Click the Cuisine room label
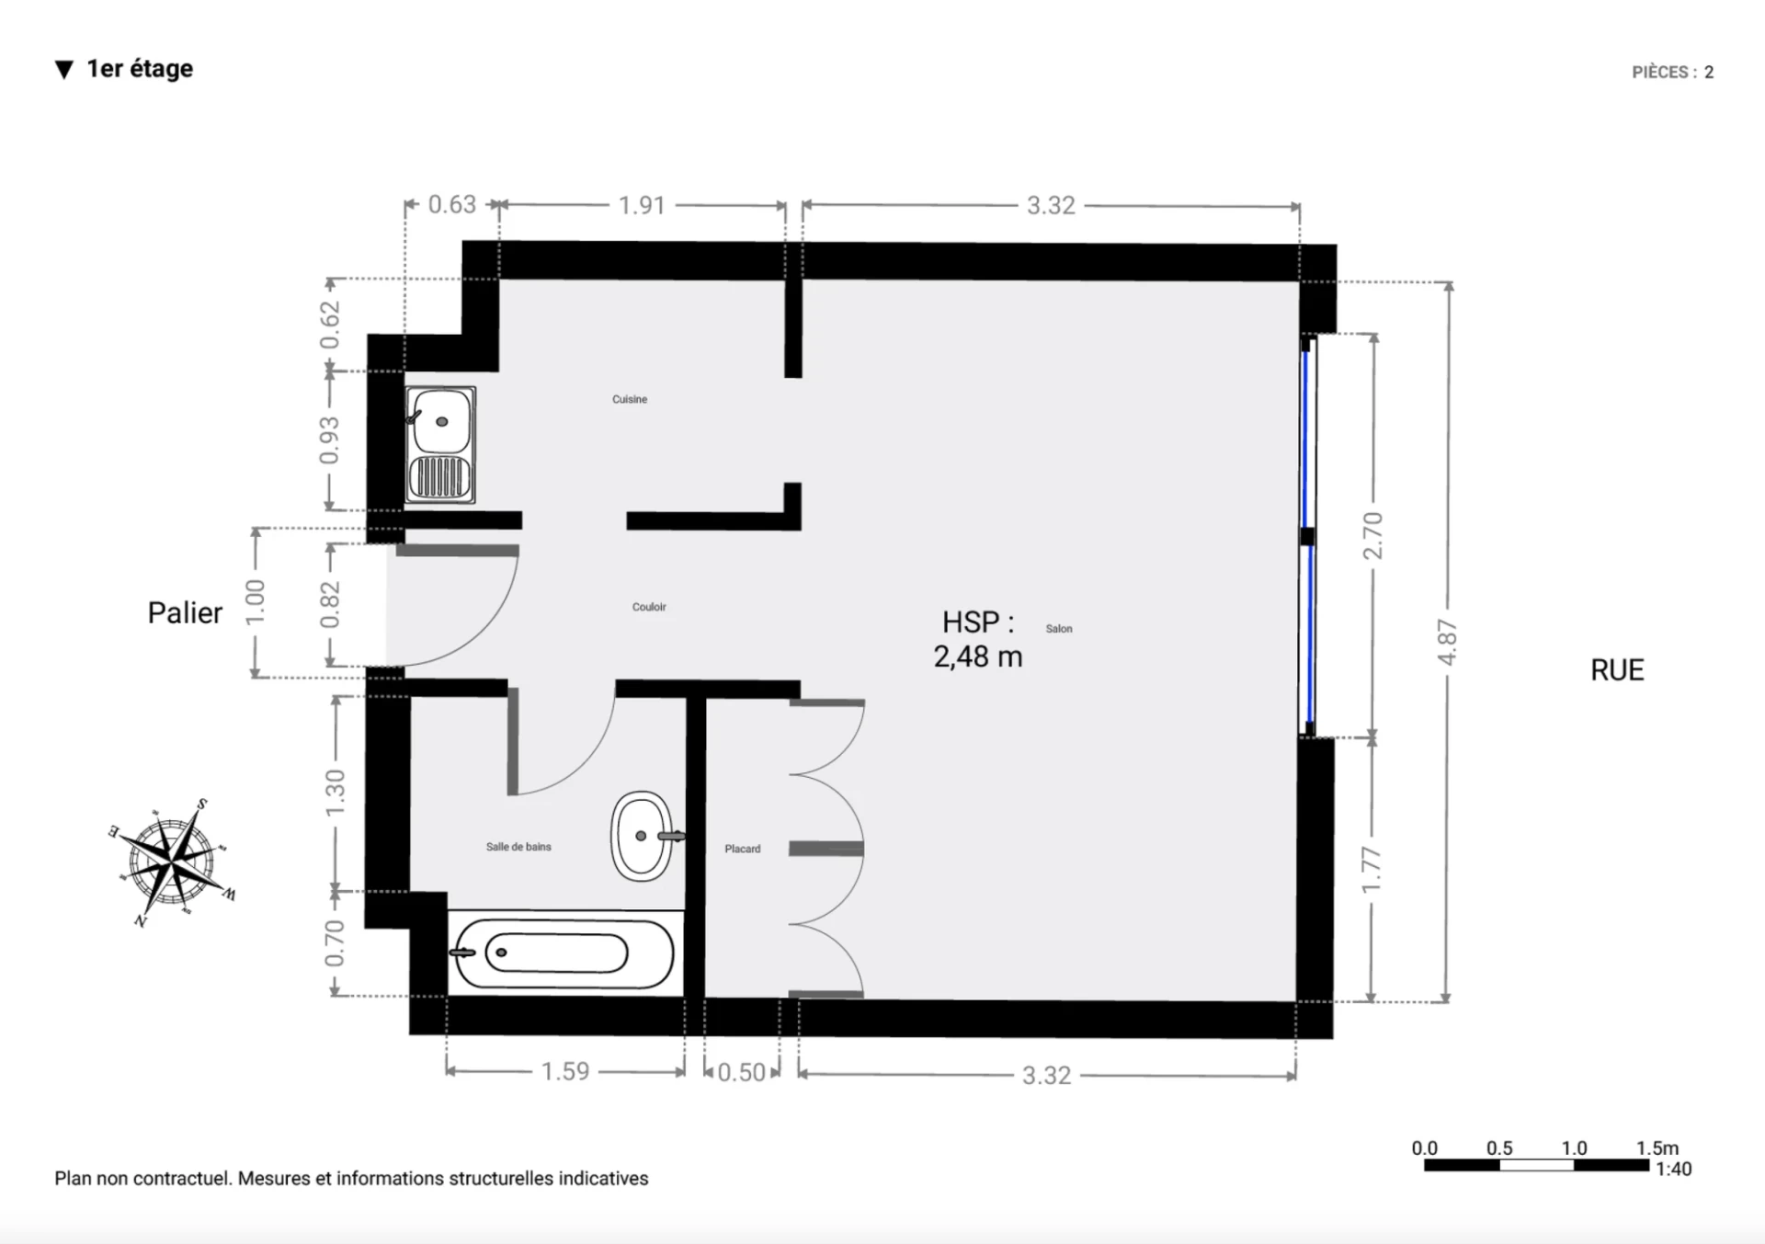point(630,399)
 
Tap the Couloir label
point(649,607)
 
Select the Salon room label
point(1059,629)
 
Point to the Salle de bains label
point(518,847)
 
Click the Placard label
point(743,849)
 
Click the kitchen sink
point(440,445)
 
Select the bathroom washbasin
point(643,836)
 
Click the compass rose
point(172,862)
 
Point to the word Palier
point(185,613)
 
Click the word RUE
point(1617,670)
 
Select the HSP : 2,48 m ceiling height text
point(978,639)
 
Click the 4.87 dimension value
point(1447,643)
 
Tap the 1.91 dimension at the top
point(642,205)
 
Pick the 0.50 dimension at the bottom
point(741,1073)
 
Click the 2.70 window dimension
point(1372,536)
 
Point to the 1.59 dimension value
point(564,1072)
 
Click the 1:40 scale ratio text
point(1673,1170)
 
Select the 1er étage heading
point(140,69)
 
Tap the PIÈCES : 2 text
point(1673,72)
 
